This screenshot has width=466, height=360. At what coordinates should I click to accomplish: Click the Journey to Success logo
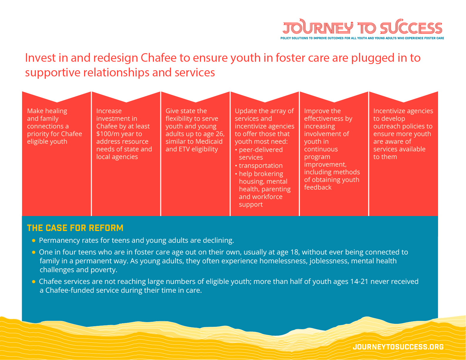click(362, 28)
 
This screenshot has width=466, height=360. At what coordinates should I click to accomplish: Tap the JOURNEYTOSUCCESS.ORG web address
click(398, 347)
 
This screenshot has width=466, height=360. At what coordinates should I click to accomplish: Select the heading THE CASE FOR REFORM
click(75, 228)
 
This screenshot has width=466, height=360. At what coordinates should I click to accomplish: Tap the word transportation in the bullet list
click(260, 166)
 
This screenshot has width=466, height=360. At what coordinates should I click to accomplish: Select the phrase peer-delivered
click(260, 150)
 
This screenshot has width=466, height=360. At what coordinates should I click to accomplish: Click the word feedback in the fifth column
click(318, 187)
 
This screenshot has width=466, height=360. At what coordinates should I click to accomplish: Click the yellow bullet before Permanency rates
click(34, 241)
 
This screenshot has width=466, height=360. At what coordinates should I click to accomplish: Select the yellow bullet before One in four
click(34, 252)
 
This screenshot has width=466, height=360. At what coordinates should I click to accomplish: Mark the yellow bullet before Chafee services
click(34, 282)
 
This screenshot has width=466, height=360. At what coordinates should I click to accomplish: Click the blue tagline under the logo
click(362, 38)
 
